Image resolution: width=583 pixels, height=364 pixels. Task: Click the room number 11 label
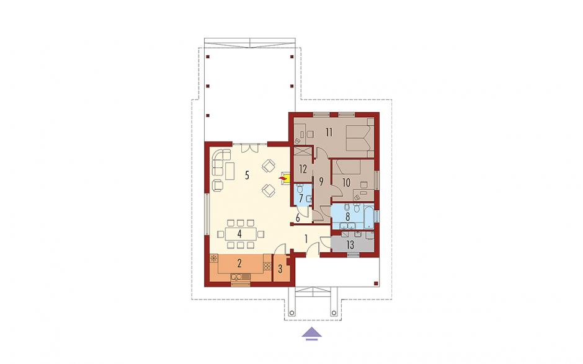click(x=329, y=132)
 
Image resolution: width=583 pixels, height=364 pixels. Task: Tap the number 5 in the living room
click(x=247, y=175)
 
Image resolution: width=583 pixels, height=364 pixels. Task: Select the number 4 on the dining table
click(x=239, y=234)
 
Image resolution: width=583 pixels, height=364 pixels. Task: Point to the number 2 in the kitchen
click(x=239, y=264)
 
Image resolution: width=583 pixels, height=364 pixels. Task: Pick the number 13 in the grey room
click(x=350, y=245)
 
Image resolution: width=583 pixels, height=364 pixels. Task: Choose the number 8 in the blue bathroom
click(x=348, y=216)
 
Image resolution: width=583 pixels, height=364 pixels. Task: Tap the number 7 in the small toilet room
click(x=301, y=198)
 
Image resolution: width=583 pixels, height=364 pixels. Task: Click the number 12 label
click(x=303, y=169)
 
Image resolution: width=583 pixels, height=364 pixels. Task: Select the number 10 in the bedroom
click(x=346, y=182)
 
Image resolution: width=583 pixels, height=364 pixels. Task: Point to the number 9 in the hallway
click(x=321, y=182)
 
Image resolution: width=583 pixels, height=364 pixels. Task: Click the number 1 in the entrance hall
click(x=306, y=239)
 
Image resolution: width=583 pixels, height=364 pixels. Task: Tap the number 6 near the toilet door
click(x=298, y=217)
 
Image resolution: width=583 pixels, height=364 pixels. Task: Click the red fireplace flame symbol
click(x=283, y=180)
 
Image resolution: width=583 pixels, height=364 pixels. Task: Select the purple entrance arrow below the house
click(x=311, y=334)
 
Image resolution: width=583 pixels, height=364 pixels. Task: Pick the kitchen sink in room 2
click(x=241, y=276)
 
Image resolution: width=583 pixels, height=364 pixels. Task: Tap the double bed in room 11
click(x=360, y=138)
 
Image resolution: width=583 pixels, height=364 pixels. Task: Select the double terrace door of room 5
click(x=249, y=148)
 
